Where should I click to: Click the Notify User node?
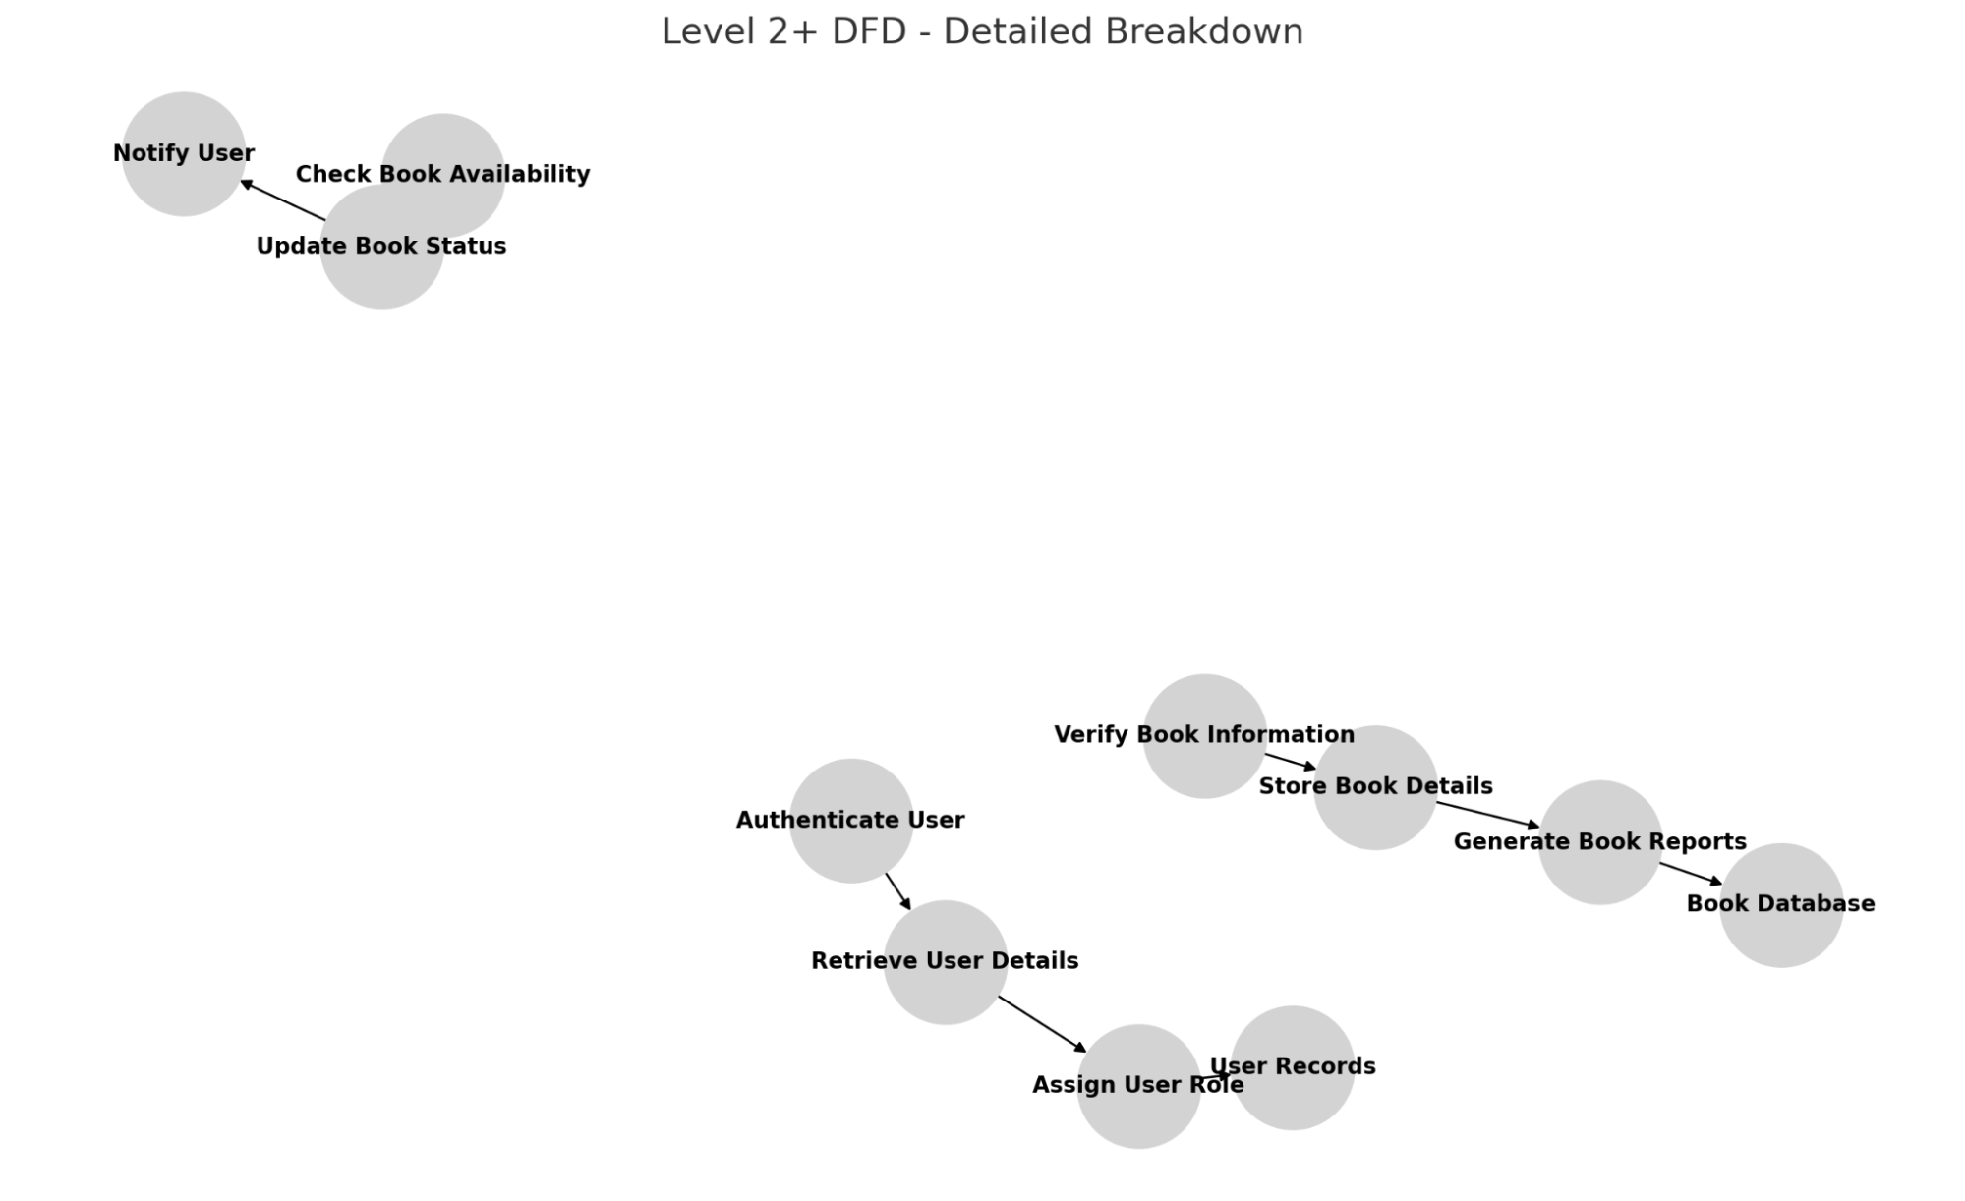[x=184, y=154]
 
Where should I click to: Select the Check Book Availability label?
[x=442, y=174]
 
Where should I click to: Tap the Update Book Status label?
[x=381, y=246]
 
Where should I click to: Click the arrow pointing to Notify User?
[x=283, y=200]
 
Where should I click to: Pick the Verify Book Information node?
[x=1204, y=735]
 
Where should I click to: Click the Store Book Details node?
[x=1375, y=787]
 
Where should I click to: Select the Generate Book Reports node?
[x=1599, y=842]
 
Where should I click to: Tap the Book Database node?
[x=1780, y=905]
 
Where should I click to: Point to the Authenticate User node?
[x=850, y=821]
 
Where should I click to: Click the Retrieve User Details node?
[x=945, y=961]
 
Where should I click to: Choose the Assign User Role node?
[x=1138, y=1086]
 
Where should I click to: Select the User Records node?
[x=1293, y=1067]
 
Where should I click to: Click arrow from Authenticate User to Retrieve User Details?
[x=898, y=891]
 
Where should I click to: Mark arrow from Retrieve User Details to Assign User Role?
[x=1043, y=1024]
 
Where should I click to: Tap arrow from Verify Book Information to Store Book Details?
[x=1290, y=762]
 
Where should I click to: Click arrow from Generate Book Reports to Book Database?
[x=1691, y=874]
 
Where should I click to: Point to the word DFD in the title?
[x=869, y=31]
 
